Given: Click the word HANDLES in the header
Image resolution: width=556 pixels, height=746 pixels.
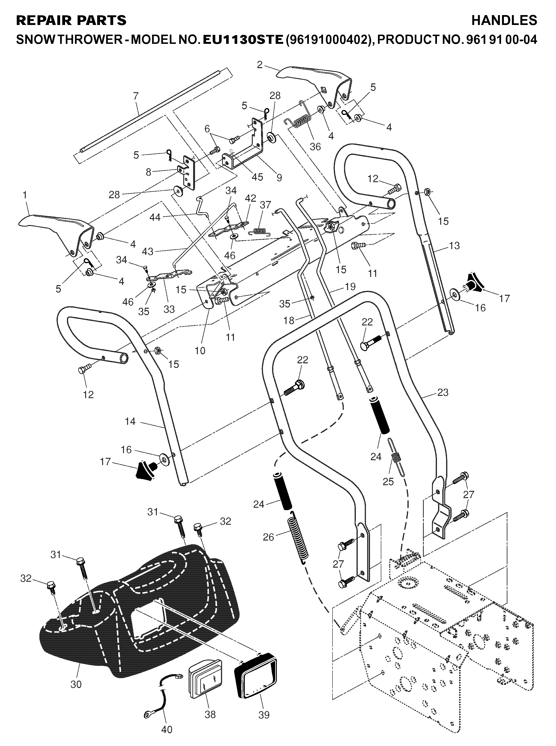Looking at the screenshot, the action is tap(504, 20).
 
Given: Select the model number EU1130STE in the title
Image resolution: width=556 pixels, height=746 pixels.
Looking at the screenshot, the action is tap(243, 40).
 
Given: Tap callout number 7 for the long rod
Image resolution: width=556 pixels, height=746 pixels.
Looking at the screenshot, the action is tap(136, 96).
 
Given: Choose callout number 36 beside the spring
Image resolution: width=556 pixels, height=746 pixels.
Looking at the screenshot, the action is tap(315, 146).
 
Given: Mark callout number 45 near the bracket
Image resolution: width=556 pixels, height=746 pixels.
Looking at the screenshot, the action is tap(257, 176).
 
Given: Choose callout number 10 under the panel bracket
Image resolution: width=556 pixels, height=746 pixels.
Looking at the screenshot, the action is tap(200, 350).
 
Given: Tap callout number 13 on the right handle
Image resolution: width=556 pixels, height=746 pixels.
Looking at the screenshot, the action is tap(454, 246).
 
